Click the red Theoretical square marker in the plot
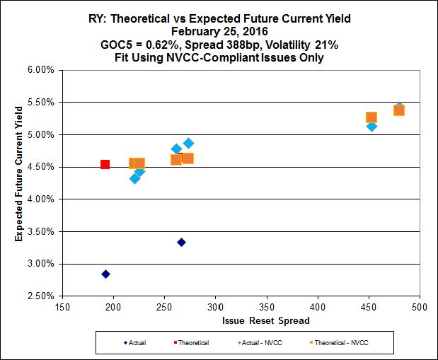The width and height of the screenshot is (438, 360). point(105,164)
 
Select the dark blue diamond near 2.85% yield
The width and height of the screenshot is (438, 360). point(105,274)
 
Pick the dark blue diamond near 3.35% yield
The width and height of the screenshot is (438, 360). point(181,242)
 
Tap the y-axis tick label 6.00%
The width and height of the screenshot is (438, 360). point(41,70)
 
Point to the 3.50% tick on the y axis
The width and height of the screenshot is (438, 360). point(41,231)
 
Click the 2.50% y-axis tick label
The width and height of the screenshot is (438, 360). point(41,296)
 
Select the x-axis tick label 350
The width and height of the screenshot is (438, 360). point(267,308)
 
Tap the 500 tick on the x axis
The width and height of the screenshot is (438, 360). point(420,308)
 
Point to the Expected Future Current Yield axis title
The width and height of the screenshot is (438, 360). point(19,182)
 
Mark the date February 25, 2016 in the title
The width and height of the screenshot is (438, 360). point(219,32)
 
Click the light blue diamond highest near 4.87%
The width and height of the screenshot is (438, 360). point(188,143)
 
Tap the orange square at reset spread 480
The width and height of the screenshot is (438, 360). point(399,110)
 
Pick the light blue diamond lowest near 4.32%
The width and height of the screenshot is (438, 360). point(134,178)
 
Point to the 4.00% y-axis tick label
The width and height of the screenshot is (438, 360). point(41,199)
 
